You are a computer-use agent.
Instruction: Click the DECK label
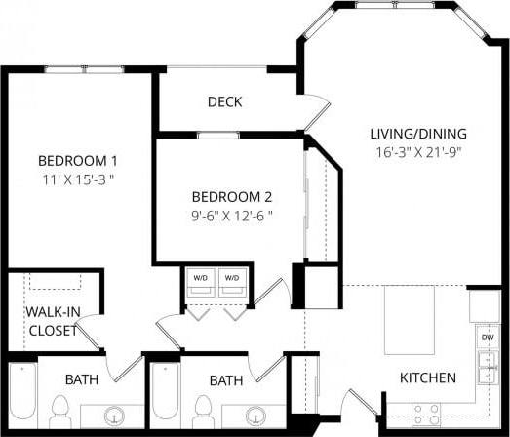[x=224, y=101]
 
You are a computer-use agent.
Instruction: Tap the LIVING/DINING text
[x=418, y=134]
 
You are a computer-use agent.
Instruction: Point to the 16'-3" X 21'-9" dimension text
[x=418, y=152]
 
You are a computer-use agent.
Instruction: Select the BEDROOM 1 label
[x=78, y=160]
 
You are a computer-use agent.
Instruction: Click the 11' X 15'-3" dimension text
[x=78, y=179]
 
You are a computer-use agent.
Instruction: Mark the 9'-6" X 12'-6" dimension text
[x=231, y=215]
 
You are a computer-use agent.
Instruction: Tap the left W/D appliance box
[x=201, y=279]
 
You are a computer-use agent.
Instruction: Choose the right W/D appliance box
[x=232, y=279]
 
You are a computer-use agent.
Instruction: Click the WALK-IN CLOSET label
[x=52, y=320]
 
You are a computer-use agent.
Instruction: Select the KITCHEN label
[x=428, y=377]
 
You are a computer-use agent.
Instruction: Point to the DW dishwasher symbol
[x=487, y=337]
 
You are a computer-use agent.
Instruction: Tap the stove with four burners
[x=425, y=411]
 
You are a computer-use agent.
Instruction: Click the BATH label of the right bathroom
[x=225, y=379]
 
